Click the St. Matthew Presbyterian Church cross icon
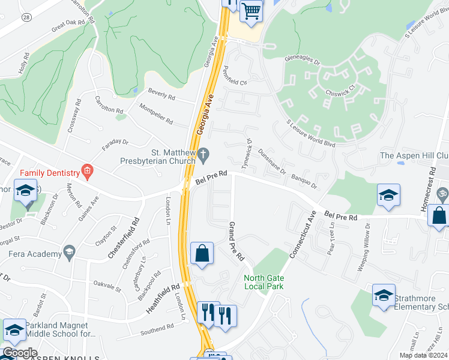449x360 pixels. click(203, 155)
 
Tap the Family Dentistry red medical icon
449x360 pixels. click(88, 173)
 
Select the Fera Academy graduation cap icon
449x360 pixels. click(70, 251)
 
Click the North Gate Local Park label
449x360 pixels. click(264, 282)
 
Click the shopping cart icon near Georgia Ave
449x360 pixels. click(252, 10)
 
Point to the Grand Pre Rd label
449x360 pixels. click(236, 241)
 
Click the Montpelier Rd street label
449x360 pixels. click(155, 114)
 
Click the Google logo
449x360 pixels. click(20, 353)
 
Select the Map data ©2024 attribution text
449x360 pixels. click(424, 355)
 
